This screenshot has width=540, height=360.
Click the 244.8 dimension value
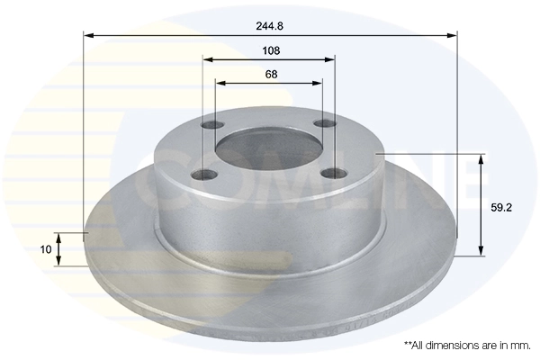tap(270, 26)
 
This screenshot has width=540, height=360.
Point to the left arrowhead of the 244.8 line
tap(88, 36)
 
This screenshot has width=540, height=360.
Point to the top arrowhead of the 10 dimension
tap(59, 236)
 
